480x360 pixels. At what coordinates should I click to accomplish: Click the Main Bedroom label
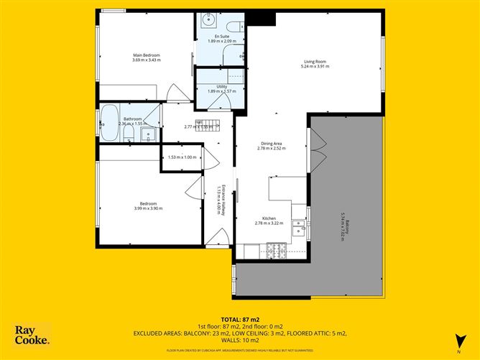pos(146,55)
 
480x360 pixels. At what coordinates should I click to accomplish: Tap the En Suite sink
pos(206,20)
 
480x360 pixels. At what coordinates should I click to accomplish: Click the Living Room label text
pos(313,62)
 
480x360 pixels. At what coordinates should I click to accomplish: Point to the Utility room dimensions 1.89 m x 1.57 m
pos(216,92)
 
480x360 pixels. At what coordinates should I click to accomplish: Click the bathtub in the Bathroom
pos(109,123)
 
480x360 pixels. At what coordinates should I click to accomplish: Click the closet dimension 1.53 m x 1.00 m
pos(181,157)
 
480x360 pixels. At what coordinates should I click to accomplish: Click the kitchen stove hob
pos(275,251)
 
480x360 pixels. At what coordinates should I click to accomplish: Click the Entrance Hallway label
pos(223,200)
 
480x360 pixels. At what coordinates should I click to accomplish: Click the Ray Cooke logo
pos(32,334)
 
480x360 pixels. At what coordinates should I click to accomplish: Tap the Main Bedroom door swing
pos(175,93)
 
